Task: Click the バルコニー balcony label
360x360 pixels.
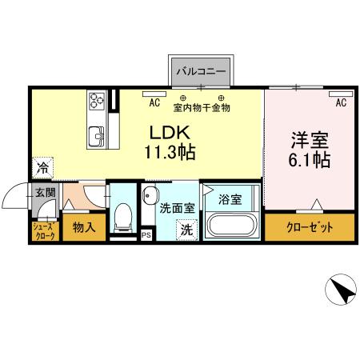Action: coord(201,72)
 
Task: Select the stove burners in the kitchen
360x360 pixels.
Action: coord(97,101)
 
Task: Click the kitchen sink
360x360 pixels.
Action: coord(96,135)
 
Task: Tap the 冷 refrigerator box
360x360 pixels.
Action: coord(41,169)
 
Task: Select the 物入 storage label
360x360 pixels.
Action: coord(84,228)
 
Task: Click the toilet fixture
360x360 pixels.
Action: coord(122,215)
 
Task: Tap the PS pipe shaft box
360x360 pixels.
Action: coord(146,236)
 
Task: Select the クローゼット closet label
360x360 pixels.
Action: coord(310,228)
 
